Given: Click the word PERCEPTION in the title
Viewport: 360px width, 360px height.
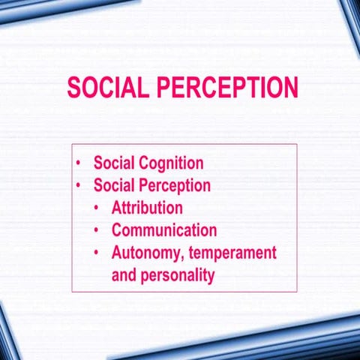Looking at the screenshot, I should point(227,88).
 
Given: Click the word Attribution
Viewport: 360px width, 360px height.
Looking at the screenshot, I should point(147,208).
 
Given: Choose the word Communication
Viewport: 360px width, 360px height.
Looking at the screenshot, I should point(164,230).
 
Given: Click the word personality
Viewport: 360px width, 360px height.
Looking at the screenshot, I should point(175,275).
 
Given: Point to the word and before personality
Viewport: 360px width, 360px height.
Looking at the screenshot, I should point(124,275).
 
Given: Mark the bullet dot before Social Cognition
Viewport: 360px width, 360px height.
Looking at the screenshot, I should point(79,163).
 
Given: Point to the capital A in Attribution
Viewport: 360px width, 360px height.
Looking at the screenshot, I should point(117,208).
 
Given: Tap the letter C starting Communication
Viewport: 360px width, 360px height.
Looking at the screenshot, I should point(118,230).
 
